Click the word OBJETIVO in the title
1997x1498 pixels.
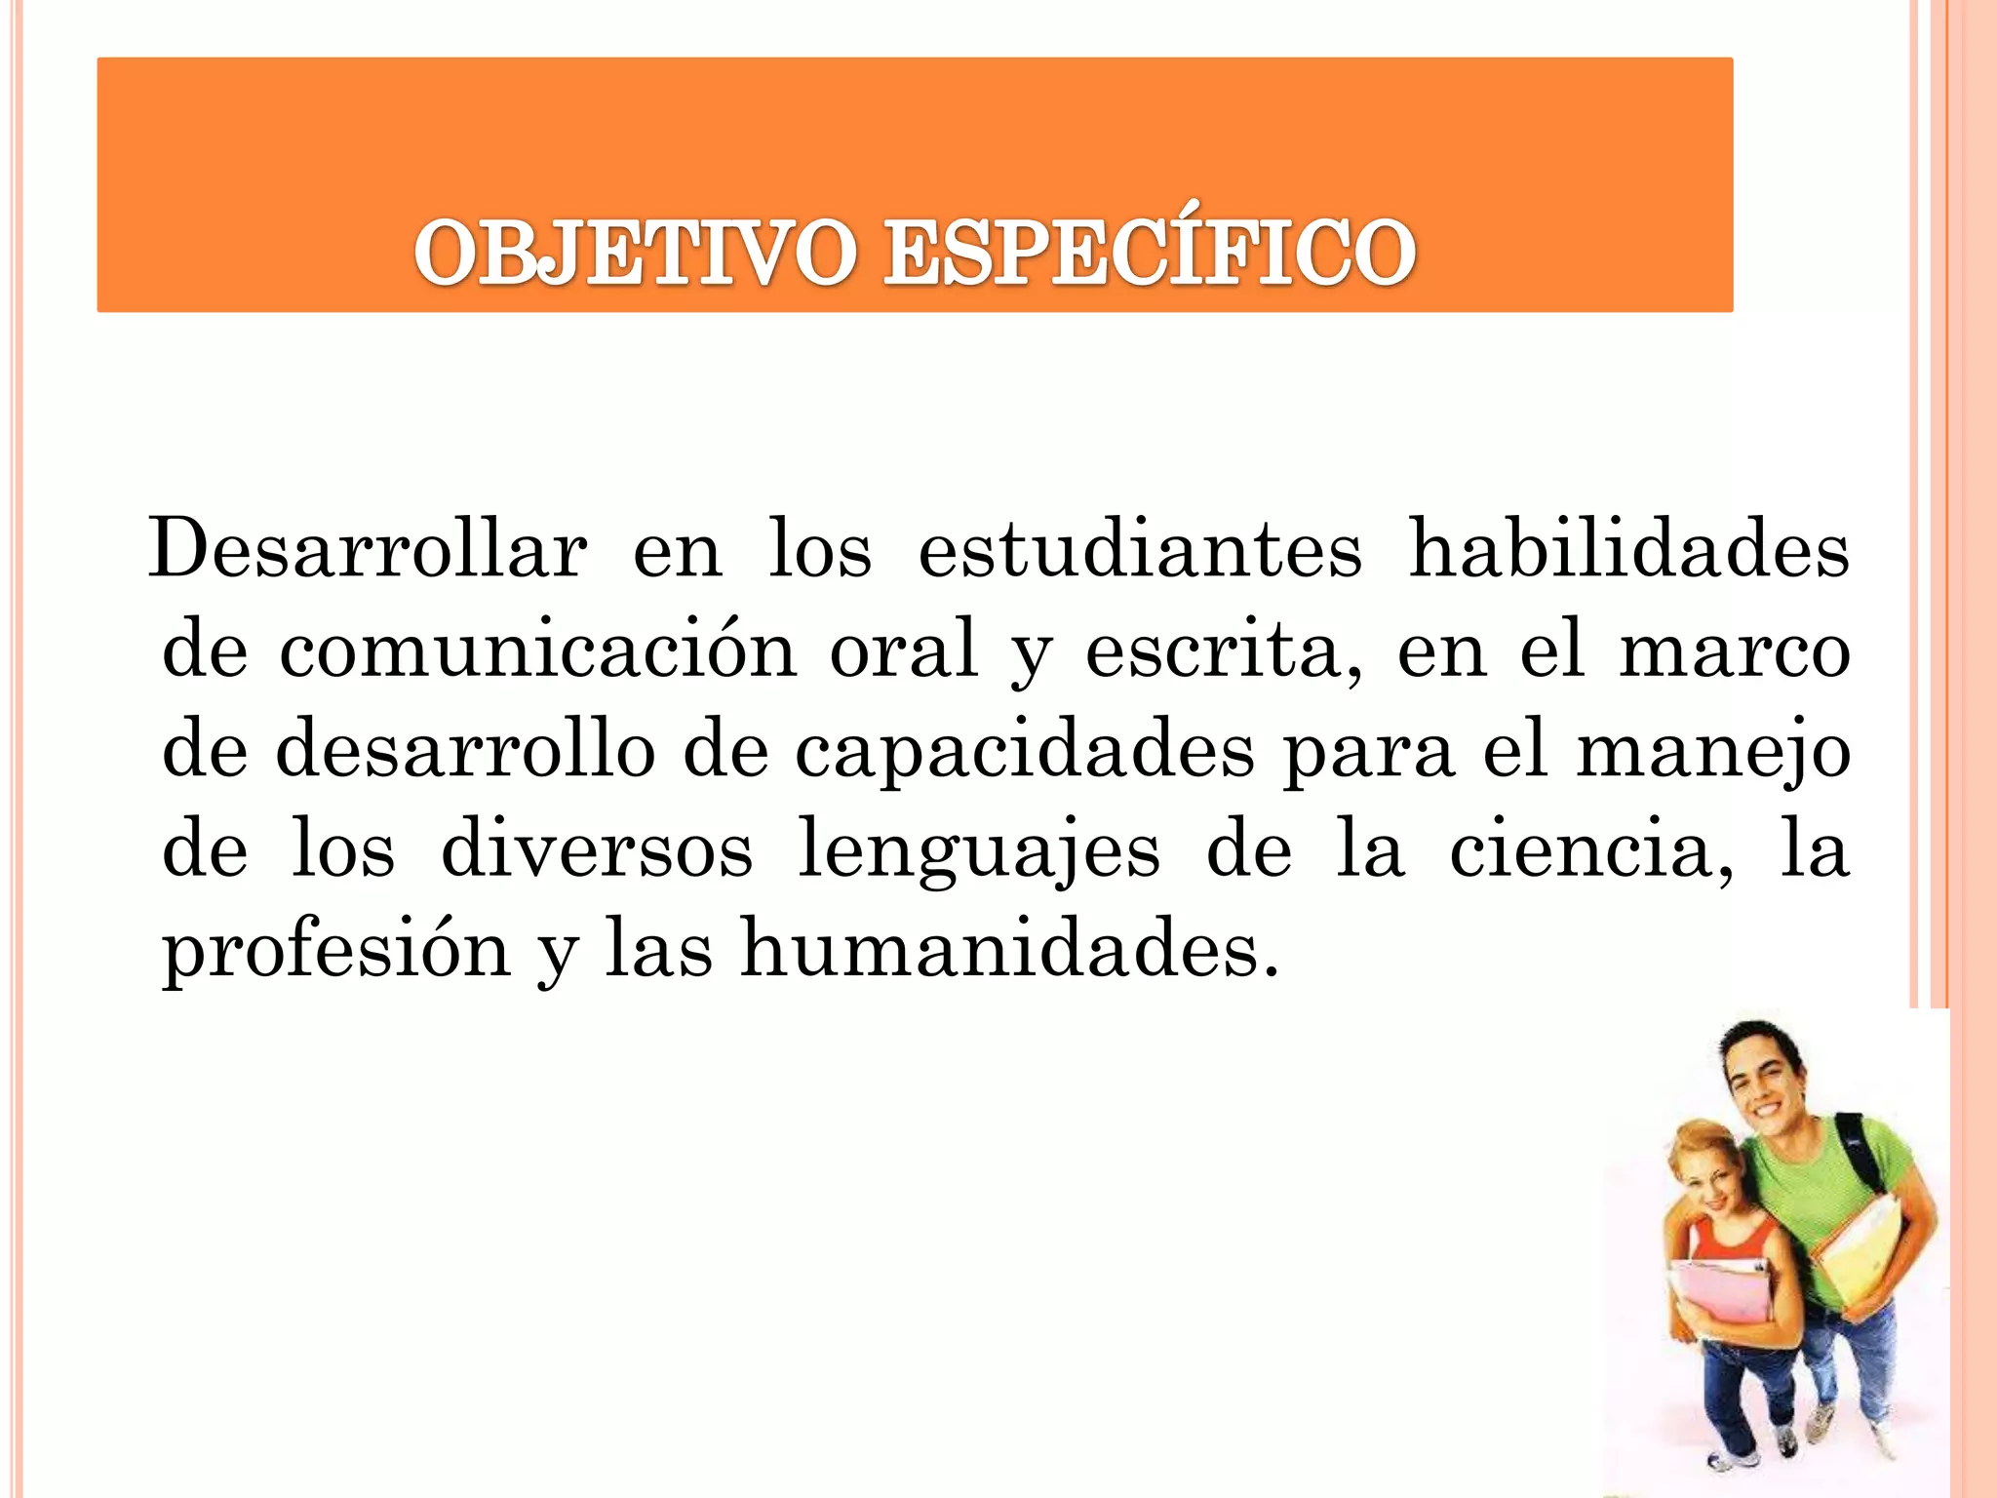tap(635, 254)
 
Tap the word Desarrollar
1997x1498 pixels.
tap(368, 550)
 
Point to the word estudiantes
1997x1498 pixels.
tap(1140, 550)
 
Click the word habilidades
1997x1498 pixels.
tap(1629, 550)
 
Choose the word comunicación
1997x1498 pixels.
tap(537, 651)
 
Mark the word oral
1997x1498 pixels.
tap(904, 650)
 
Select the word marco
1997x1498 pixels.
tap(1735, 651)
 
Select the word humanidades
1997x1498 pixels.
tap(1008, 950)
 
